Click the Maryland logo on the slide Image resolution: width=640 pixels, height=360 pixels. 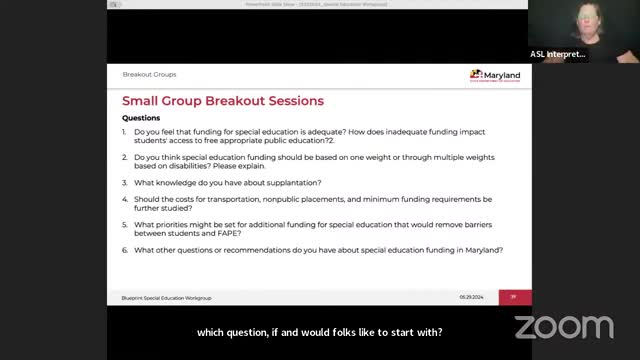pos(494,76)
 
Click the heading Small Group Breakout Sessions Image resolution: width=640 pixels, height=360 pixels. pos(222,101)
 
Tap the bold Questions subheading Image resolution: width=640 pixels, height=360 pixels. pos(141,118)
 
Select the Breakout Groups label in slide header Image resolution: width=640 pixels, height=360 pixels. pos(149,74)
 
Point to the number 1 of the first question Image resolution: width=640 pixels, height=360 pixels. pos(125,132)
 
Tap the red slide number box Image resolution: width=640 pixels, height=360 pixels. pos(514,297)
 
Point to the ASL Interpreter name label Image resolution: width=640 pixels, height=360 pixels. pos(558,54)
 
